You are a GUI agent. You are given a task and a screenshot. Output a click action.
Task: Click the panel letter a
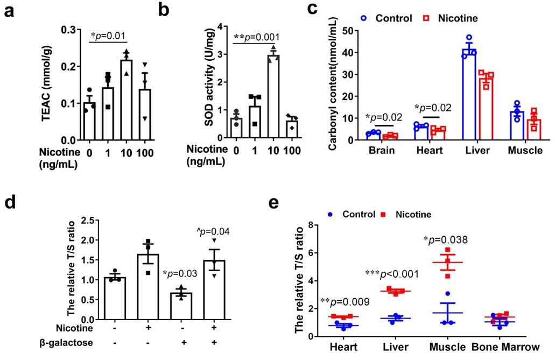[x=9, y=11]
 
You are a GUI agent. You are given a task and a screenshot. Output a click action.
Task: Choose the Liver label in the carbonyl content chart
[x=477, y=151]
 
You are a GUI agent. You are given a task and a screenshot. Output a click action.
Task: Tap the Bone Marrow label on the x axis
[x=504, y=348]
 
